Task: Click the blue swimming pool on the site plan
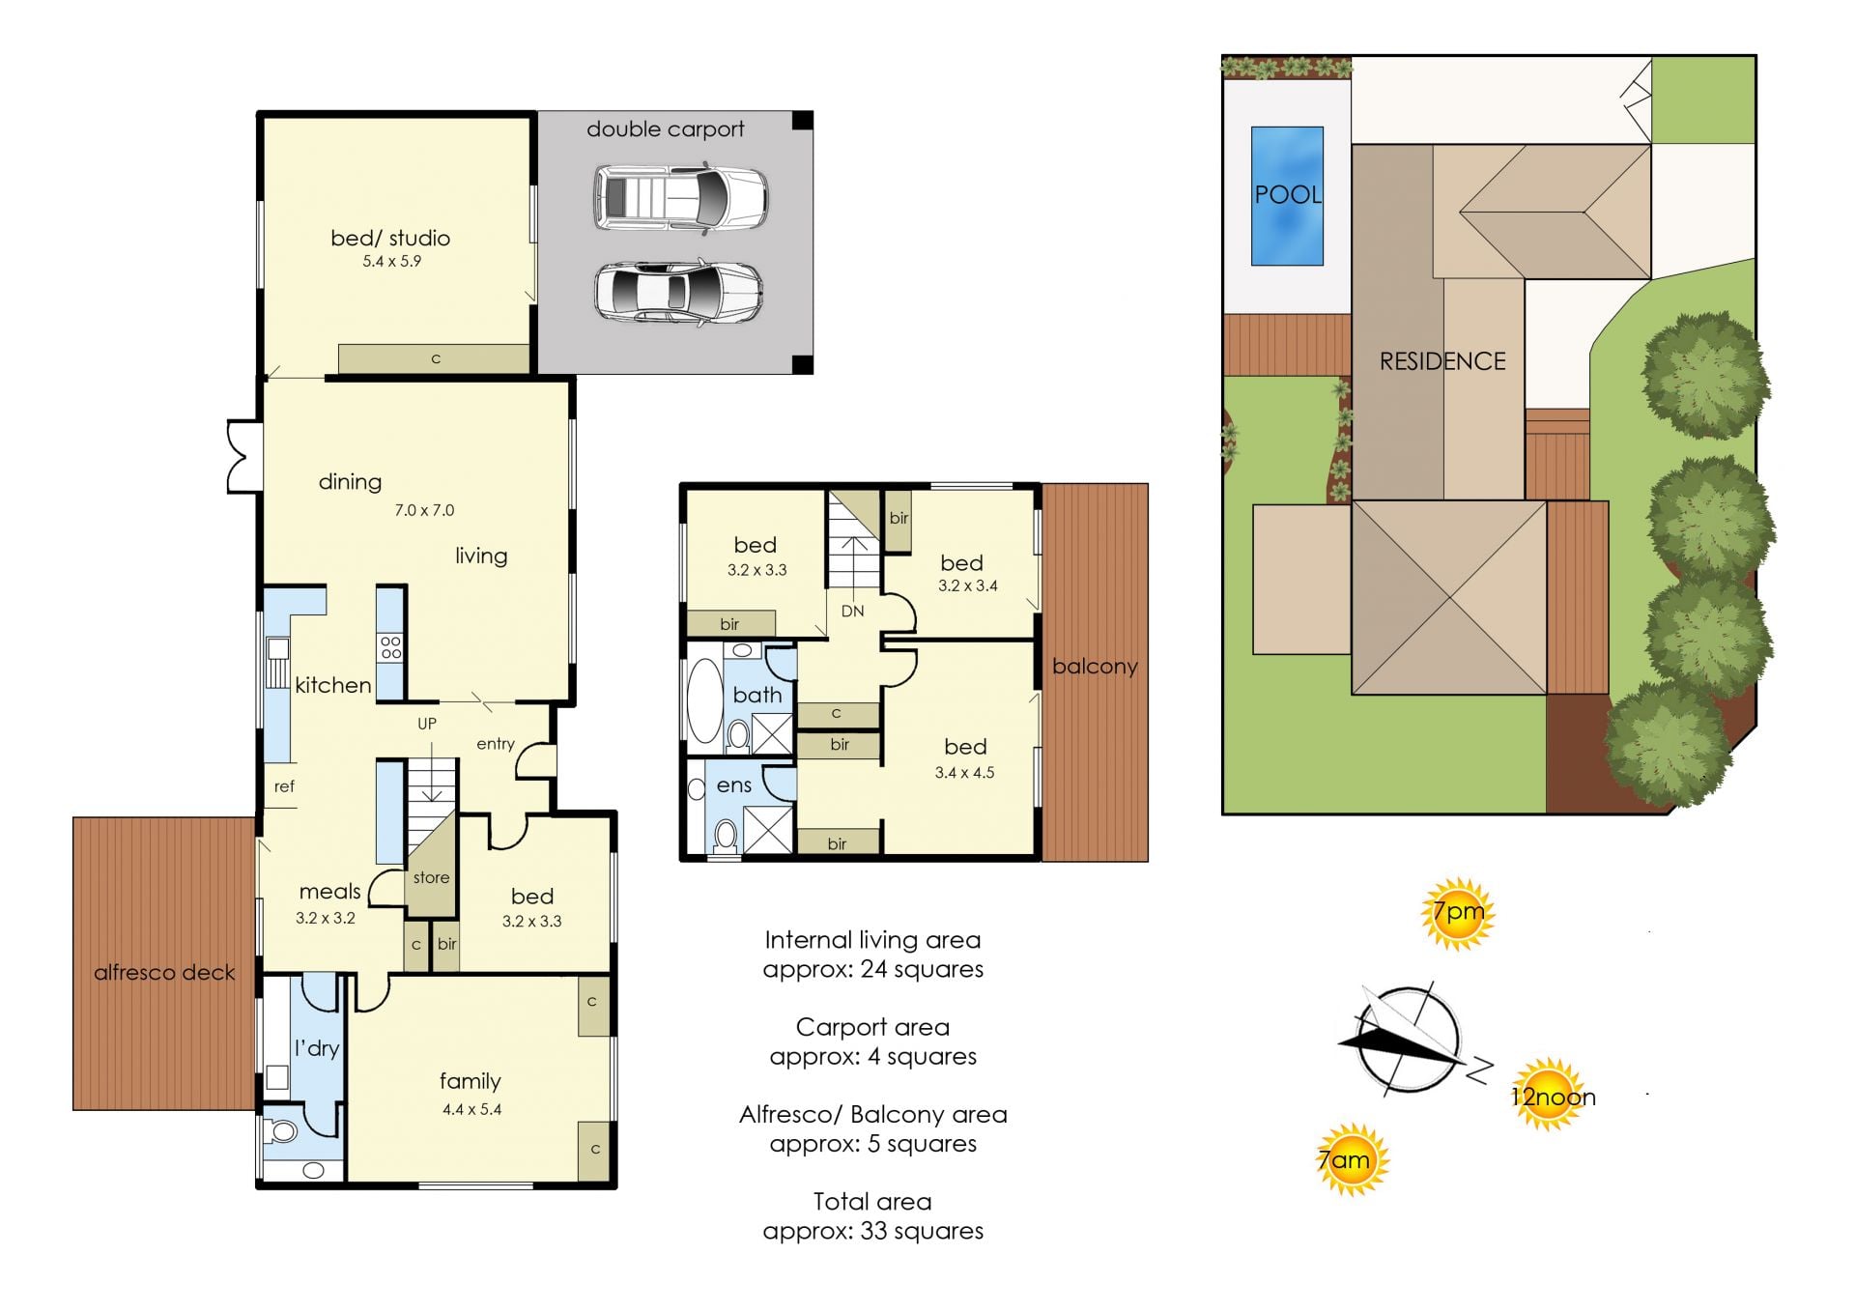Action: click(1287, 196)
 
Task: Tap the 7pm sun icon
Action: click(1457, 913)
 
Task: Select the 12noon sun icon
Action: click(1551, 1095)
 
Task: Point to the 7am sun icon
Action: click(1351, 1159)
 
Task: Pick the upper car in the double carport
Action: click(681, 198)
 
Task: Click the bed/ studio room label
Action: click(390, 238)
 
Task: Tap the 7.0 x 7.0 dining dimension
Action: click(424, 510)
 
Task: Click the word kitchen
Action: click(333, 685)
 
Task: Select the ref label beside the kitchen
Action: click(284, 786)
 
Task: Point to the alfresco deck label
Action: click(164, 973)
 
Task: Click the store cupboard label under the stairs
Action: click(431, 877)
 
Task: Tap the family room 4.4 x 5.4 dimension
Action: click(471, 1109)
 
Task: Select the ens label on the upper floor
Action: click(734, 785)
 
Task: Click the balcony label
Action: click(1095, 667)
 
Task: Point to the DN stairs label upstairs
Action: click(852, 611)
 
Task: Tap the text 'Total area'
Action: click(872, 1201)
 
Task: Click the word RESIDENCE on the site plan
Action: click(1442, 361)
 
